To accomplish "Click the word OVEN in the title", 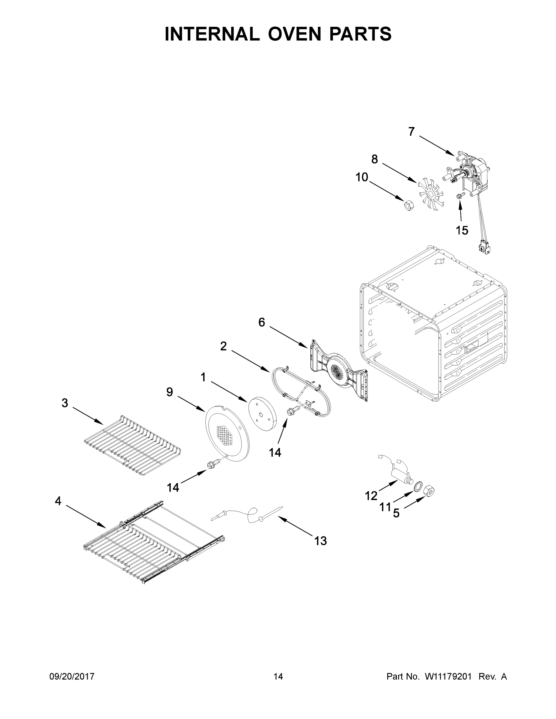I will tap(294, 34).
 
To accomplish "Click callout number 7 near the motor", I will tap(412, 132).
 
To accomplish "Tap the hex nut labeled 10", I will tap(409, 206).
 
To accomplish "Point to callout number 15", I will tap(462, 230).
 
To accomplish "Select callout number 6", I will tap(262, 322).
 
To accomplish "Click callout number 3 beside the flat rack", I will tap(65, 403).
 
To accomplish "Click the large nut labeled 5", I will tap(430, 491).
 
